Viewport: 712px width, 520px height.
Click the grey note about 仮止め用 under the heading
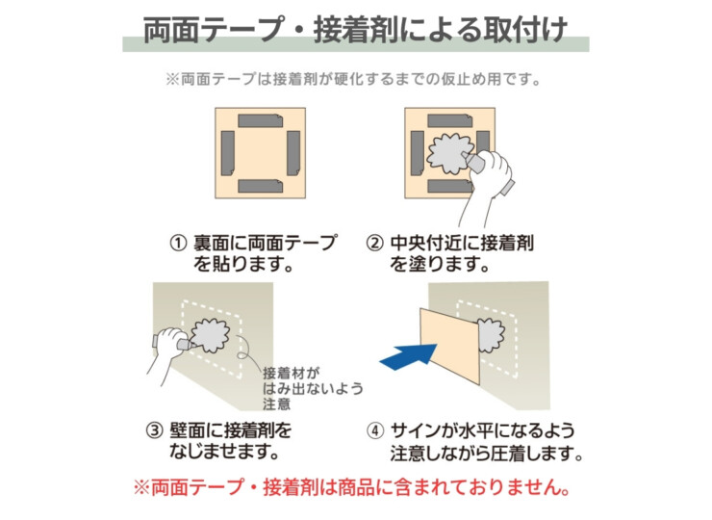pos(355,79)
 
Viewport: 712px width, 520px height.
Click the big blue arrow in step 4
pos(405,353)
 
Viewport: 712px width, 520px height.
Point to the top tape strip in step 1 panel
pos(260,121)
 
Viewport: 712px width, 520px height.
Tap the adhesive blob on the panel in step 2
pos(448,152)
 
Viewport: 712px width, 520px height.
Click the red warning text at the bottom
pos(355,488)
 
